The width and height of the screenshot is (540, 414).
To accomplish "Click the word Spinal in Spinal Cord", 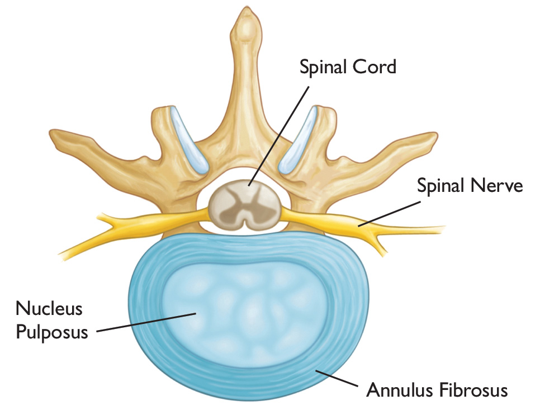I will coord(323,67).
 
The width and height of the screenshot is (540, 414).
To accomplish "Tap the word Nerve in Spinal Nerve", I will coord(496,186).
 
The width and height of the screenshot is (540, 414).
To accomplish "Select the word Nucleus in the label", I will coord(49,308).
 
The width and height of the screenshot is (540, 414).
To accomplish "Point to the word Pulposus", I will coord(52,332).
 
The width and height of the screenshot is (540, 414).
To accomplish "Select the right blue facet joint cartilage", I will coord(301,140).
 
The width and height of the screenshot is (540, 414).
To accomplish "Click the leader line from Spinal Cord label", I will coord(280,134).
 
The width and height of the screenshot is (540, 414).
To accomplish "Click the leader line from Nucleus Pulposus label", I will coord(145,322).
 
